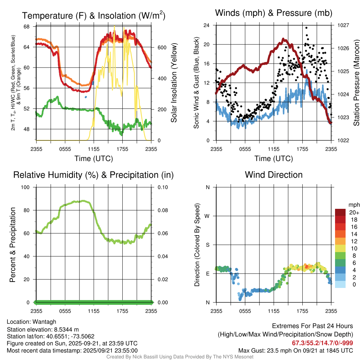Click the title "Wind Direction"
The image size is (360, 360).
point(274,175)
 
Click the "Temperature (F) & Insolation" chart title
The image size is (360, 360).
point(94,16)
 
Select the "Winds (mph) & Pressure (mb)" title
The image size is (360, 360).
point(274,13)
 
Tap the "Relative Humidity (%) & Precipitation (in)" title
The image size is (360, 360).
point(94,175)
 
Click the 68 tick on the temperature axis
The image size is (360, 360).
point(31,27)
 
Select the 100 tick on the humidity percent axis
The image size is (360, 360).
point(28,187)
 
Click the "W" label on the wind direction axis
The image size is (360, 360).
point(207,216)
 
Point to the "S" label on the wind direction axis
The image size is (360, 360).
point(208,245)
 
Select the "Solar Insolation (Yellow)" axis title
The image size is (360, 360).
point(174,83)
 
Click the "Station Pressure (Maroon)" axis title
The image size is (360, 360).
point(356,83)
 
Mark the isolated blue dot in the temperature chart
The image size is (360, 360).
point(85,97)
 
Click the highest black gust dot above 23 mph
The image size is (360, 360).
point(306,28)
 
